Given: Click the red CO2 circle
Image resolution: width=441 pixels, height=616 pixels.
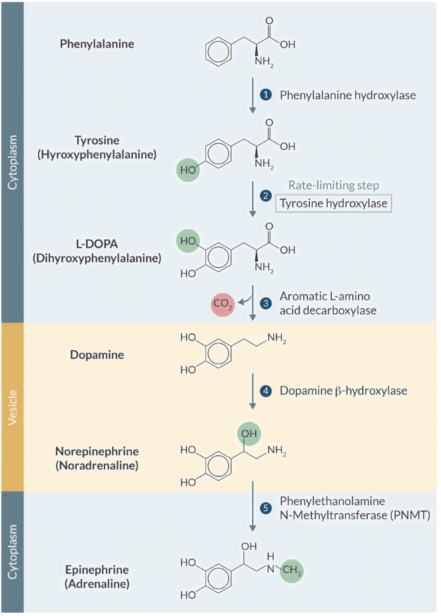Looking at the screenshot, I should click(222, 305).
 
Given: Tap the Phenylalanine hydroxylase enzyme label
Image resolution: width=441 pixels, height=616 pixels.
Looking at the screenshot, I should click(347, 95).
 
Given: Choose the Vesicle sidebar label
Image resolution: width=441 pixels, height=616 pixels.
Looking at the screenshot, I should click(12, 407).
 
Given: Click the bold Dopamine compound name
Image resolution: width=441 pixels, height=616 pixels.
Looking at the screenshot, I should click(97, 355).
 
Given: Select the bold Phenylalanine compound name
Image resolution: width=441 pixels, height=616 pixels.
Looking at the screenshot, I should click(97, 45).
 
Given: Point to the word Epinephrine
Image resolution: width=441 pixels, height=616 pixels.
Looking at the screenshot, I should click(97, 570).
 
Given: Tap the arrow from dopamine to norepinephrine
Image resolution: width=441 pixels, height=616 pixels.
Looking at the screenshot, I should click(252, 391).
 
